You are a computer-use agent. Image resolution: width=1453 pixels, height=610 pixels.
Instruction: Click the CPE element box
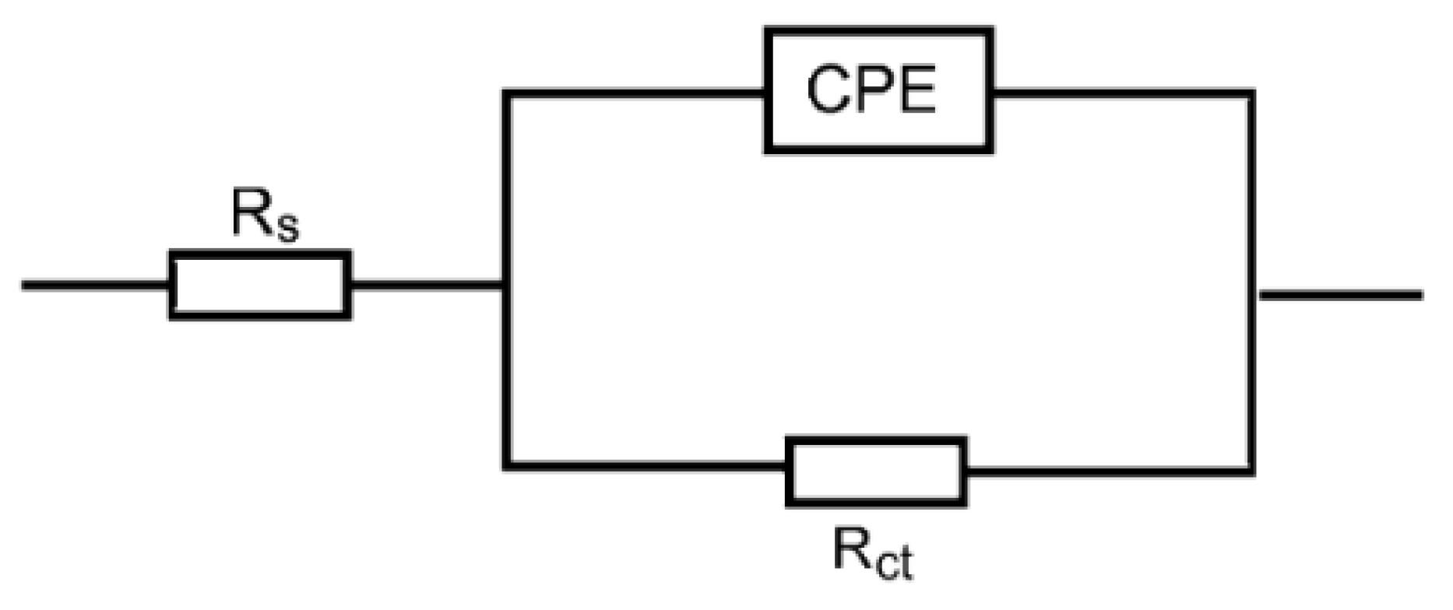[x=878, y=90]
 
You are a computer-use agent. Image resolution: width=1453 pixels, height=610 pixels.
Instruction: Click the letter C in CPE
[x=830, y=90]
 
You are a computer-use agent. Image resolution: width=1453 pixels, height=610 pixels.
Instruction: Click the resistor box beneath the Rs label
[x=259, y=285]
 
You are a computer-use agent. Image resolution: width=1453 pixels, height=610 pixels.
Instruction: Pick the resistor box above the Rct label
[x=876, y=472]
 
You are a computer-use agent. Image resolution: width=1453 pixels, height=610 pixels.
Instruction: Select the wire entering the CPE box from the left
[x=635, y=94]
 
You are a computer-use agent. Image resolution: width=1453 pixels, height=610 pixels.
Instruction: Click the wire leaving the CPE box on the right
[x=1121, y=94]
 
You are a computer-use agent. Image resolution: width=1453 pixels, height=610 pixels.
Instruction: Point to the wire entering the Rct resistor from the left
[x=646, y=466]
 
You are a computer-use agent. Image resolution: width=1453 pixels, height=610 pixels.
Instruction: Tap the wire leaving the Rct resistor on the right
[x=1106, y=470]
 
